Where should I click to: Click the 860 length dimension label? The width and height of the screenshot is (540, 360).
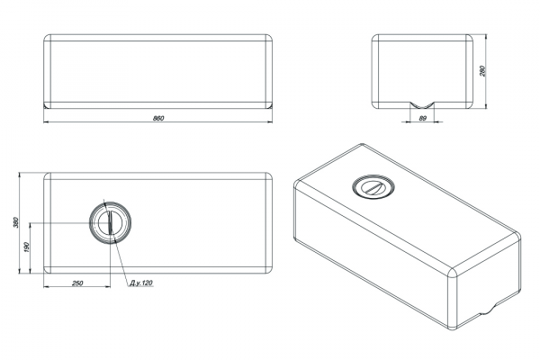pyautogui.click(x=158, y=118)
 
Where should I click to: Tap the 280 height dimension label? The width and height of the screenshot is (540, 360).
pyautogui.click(x=482, y=71)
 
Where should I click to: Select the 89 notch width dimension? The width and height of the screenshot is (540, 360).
pyautogui.click(x=423, y=118)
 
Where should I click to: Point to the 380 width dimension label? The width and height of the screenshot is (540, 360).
pyautogui.click(x=15, y=222)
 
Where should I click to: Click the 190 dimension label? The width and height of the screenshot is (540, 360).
pyautogui.click(x=27, y=247)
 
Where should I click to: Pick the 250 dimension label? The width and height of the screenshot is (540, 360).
pyautogui.click(x=77, y=283)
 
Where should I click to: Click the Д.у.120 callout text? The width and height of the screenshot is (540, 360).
pyautogui.click(x=141, y=283)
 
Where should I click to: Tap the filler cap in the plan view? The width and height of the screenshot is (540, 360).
pyautogui.click(x=110, y=222)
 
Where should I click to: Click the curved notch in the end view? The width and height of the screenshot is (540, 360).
pyautogui.click(x=422, y=105)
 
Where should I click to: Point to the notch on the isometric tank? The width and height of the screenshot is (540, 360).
pyautogui.click(x=486, y=310)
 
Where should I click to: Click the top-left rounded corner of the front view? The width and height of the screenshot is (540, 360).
pyautogui.click(x=47, y=37)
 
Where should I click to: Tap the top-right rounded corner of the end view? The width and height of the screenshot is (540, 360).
pyautogui.click(x=470, y=37)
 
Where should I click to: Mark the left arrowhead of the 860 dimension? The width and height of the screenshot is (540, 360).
pyautogui.click(x=46, y=121)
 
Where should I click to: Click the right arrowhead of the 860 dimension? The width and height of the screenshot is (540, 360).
pyautogui.click(x=270, y=121)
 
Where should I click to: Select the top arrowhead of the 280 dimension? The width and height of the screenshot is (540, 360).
pyautogui.click(x=486, y=37)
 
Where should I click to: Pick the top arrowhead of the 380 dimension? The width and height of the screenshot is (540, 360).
pyautogui.click(x=19, y=175)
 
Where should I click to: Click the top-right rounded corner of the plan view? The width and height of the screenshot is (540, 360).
pyautogui.click(x=268, y=176)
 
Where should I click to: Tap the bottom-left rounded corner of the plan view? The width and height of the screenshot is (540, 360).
pyautogui.click(x=47, y=270)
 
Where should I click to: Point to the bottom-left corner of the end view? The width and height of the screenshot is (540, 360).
pyautogui.click(x=375, y=105)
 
